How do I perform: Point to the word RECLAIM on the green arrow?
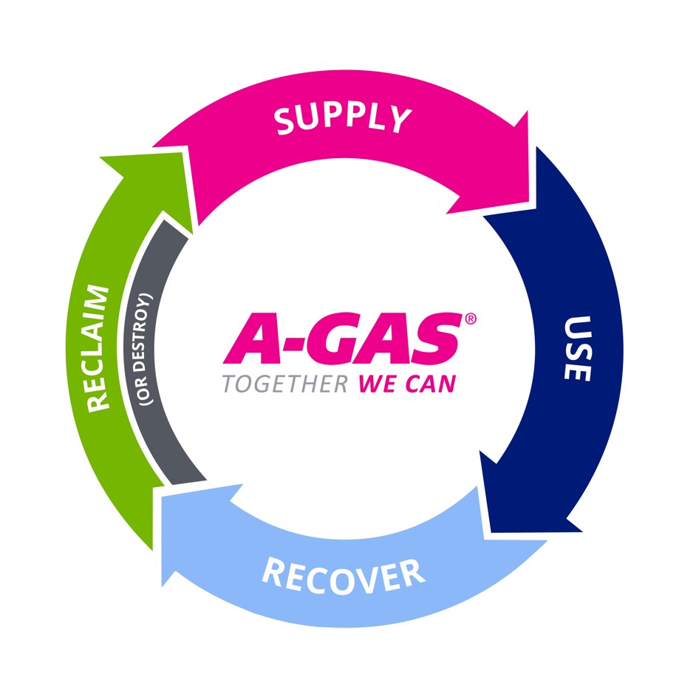point(98,347)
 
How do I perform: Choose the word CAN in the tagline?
point(429,384)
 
